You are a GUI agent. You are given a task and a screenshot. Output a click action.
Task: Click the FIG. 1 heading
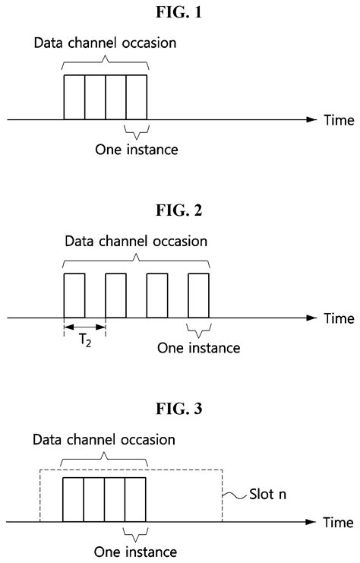[x=180, y=13]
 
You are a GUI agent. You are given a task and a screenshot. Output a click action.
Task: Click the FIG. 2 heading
[x=180, y=210]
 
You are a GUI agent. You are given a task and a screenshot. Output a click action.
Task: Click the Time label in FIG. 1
[x=338, y=120]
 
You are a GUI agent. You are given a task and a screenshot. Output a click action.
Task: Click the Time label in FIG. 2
[x=338, y=317]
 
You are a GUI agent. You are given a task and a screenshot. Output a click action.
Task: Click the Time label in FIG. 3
[x=338, y=523]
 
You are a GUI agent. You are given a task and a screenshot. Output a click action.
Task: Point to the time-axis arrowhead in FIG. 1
[x=311, y=120]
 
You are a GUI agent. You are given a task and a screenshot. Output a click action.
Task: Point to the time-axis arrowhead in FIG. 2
[x=311, y=317]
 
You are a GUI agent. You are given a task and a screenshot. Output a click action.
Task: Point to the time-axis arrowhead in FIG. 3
[x=311, y=523]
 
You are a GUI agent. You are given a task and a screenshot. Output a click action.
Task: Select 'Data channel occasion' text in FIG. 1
[x=106, y=43]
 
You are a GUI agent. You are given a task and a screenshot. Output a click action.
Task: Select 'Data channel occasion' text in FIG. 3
[x=106, y=441]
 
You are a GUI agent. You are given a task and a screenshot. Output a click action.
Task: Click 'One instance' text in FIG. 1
[x=137, y=150]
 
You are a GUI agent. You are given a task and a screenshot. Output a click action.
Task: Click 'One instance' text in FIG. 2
[x=199, y=348]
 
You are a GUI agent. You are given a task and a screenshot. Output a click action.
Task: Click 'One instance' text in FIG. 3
[x=137, y=552]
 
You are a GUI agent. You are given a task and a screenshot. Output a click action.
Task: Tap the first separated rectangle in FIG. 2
[x=74, y=295]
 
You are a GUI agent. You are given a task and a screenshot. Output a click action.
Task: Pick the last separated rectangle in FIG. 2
[x=198, y=295]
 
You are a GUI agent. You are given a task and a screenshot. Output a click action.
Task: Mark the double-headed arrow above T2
[x=84, y=327]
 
